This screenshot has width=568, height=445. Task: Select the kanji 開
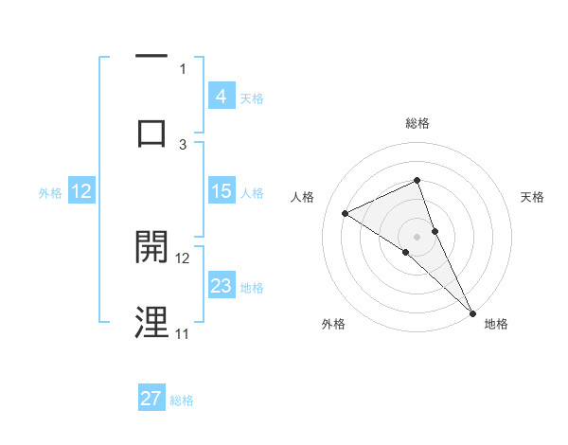tap(151, 248)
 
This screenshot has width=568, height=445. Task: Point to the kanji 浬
tap(151, 322)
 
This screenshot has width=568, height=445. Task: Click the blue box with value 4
tap(222, 96)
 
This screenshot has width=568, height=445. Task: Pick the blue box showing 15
tap(222, 191)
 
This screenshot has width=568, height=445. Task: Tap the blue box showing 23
tap(222, 286)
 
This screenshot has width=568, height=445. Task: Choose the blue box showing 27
tap(151, 399)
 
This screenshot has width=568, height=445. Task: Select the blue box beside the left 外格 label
tap(81, 191)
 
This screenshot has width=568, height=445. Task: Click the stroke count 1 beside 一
tap(183, 68)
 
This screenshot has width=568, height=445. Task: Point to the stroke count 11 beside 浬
tap(182, 333)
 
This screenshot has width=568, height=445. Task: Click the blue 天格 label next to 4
tap(252, 98)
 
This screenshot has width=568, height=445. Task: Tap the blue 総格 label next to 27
tap(182, 400)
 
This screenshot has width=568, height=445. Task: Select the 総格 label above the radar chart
tap(417, 123)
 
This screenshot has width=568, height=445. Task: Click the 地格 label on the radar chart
tap(496, 324)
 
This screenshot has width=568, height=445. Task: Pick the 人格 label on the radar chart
tap(303, 197)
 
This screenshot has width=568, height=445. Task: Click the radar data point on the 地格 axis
tap(472, 311)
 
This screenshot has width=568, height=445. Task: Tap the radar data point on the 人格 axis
tap(346, 213)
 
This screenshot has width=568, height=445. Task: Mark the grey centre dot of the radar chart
tap(417, 236)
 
